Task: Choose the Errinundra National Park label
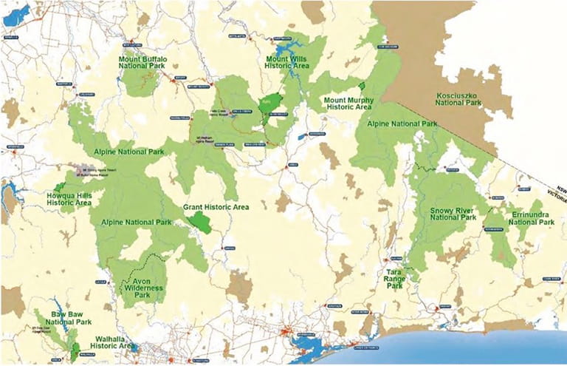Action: (532, 217)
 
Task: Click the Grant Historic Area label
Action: (216, 206)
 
